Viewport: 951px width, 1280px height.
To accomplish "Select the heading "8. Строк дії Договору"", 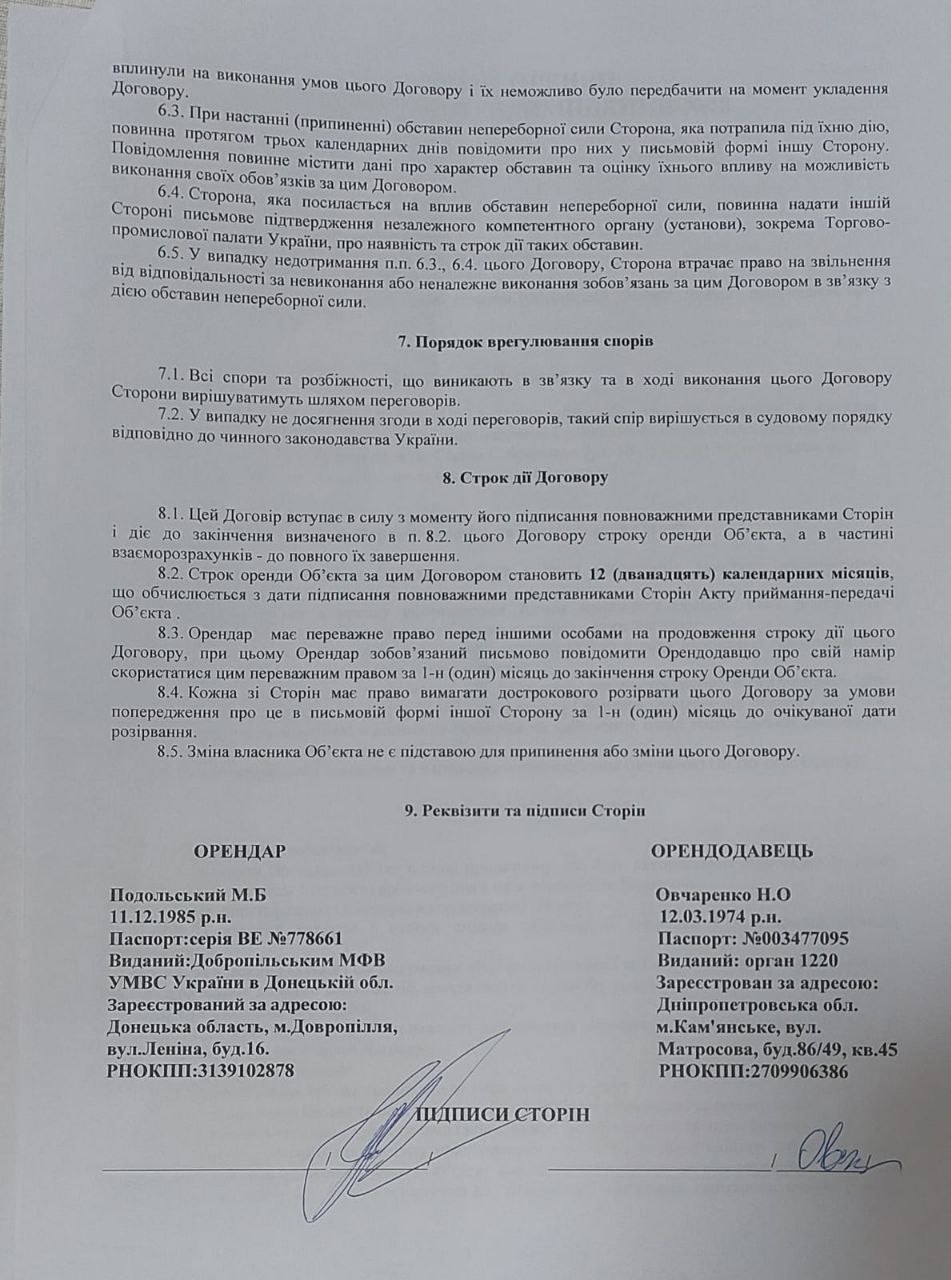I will pos(525,478).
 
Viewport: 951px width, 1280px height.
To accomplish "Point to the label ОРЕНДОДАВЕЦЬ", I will pos(731,851).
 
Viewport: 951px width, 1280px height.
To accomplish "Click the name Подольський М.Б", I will pos(189,894).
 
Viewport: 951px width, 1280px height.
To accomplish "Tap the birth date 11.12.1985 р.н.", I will pos(171,915).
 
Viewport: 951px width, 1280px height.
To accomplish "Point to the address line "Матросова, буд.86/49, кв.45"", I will pos(777,1049).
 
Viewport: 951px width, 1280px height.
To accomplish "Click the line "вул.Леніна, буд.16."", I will pos(187,1049).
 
